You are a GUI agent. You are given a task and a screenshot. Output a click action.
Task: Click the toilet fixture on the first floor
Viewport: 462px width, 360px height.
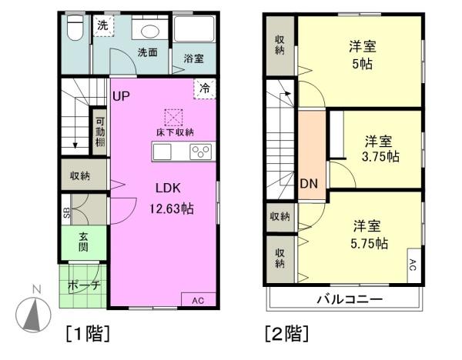pyautogui.click(x=75, y=28)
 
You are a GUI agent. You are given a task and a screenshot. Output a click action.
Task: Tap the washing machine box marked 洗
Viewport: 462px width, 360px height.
pyautogui.click(x=103, y=26)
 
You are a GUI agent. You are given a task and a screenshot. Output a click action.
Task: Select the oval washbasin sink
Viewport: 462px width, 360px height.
pyautogui.click(x=150, y=32)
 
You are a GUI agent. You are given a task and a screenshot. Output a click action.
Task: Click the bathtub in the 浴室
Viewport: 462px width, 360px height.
pyautogui.click(x=194, y=29)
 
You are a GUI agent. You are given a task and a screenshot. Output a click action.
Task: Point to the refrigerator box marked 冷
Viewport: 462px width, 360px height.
pyautogui.click(x=205, y=88)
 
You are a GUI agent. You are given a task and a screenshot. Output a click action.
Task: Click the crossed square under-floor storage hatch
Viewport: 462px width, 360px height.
pyautogui.click(x=173, y=118)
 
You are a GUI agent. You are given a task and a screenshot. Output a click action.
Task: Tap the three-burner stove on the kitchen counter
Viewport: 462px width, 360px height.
pyautogui.click(x=201, y=152)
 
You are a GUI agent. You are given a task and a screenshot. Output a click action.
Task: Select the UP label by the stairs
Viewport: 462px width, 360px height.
pyautogui.click(x=121, y=96)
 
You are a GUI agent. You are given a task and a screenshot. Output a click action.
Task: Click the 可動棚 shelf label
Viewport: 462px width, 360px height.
pyautogui.click(x=100, y=132)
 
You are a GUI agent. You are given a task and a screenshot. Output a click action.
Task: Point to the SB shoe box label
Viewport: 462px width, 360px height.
pyautogui.click(x=67, y=212)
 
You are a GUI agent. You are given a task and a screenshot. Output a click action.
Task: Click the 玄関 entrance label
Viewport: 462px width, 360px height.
pyautogui.click(x=83, y=242)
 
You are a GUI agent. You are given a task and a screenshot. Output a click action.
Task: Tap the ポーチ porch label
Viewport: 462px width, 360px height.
pyautogui.click(x=84, y=285)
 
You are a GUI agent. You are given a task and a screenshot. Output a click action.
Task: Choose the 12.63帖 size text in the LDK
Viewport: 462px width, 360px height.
pyautogui.click(x=172, y=208)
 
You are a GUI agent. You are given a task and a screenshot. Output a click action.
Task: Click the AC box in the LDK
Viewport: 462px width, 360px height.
pyautogui.click(x=199, y=300)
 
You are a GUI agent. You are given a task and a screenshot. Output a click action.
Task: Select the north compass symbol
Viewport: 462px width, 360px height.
pyautogui.click(x=33, y=314)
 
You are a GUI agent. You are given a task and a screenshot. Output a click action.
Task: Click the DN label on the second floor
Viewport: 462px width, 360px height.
pyautogui.click(x=309, y=184)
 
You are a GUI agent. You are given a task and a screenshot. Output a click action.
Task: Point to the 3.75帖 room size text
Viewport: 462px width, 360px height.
pyautogui.click(x=380, y=157)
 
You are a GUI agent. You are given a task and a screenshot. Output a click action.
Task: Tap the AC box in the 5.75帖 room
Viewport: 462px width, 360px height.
pyautogui.click(x=414, y=265)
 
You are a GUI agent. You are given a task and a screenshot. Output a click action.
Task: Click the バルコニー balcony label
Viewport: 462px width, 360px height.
pyautogui.click(x=350, y=299)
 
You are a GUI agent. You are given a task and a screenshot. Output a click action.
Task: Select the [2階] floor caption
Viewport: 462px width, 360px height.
pyautogui.click(x=287, y=333)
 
